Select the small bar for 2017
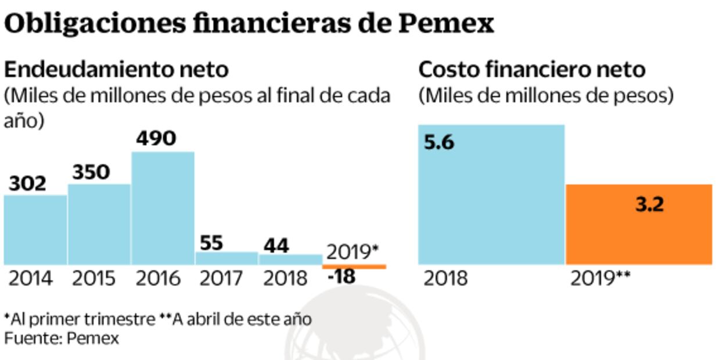[226, 258]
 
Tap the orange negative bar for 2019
[354, 267]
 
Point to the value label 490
[156, 139]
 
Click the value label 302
[27, 183]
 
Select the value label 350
[91, 172]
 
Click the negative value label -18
[341, 278]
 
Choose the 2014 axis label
[30, 279]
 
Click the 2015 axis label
[93, 279]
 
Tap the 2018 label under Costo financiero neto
[445, 279]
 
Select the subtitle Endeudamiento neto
[116, 70]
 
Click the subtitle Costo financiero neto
[532, 70]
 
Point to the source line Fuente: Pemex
[62, 339]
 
